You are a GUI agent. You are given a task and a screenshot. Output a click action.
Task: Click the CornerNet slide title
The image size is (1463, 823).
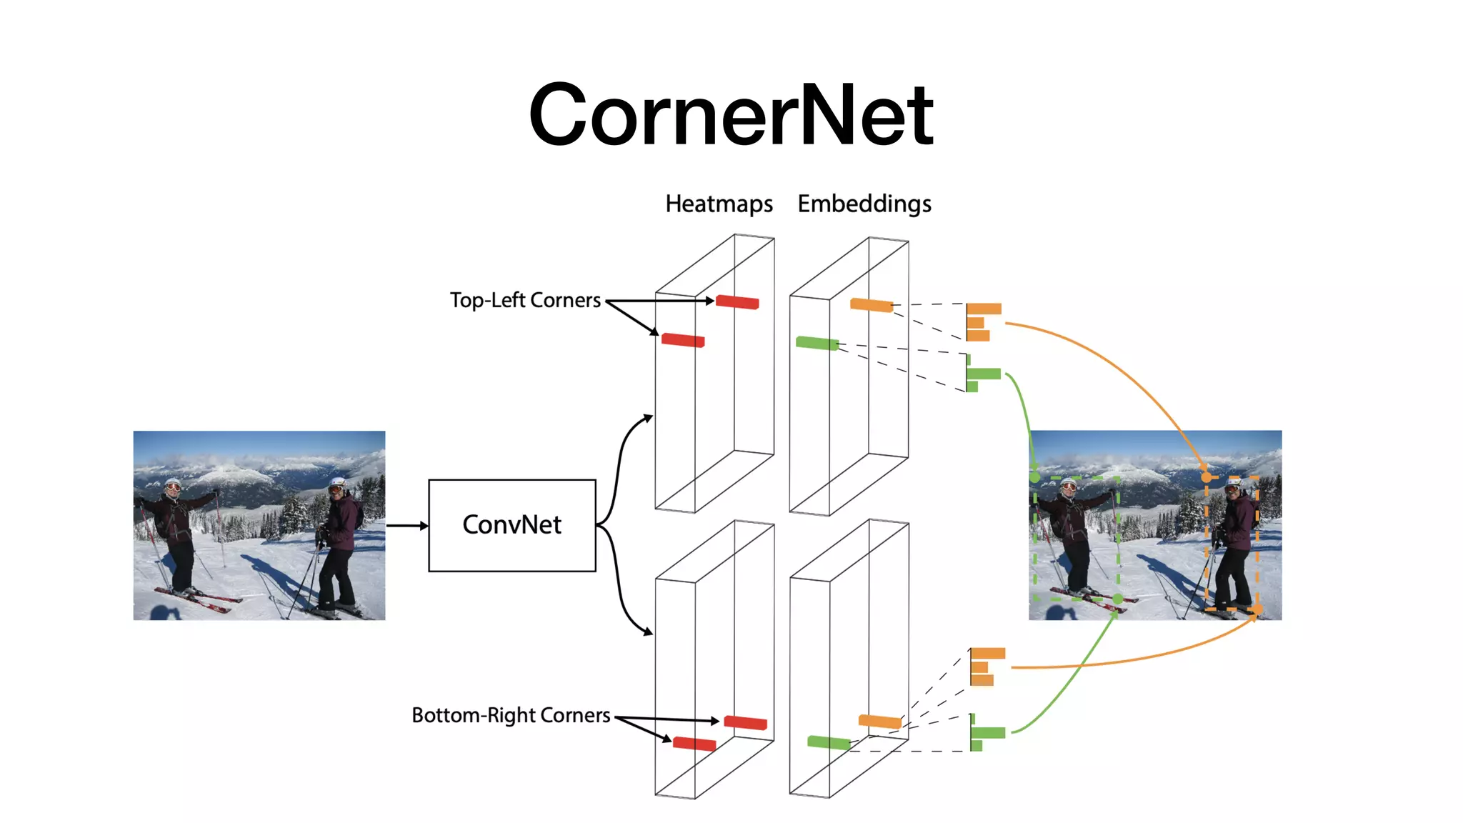click(731, 114)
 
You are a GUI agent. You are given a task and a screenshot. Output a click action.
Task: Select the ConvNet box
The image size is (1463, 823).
click(511, 525)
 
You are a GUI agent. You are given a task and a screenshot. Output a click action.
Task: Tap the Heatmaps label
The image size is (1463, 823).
click(719, 204)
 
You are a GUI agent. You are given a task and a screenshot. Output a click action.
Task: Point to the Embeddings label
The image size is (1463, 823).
click(864, 204)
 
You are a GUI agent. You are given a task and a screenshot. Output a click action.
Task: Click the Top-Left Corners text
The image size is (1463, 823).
click(525, 300)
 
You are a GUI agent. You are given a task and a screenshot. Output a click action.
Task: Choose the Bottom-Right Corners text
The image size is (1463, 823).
click(511, 715)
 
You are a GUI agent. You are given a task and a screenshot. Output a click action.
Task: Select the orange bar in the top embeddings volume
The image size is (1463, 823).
click(872, 305)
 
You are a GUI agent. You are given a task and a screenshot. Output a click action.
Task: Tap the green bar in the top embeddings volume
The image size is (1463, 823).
click(817, 343)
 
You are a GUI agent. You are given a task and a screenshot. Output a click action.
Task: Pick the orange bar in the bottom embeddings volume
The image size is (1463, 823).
click(880, 721)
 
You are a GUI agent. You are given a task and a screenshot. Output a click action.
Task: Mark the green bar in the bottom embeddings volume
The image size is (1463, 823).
click(829, 742)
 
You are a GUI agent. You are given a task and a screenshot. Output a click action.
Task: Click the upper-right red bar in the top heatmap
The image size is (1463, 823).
click(737, 302)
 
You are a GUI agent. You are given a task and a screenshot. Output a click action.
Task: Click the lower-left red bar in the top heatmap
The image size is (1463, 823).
click(683, 340)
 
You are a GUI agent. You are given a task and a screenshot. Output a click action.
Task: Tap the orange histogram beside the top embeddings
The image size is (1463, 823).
click(982, 322)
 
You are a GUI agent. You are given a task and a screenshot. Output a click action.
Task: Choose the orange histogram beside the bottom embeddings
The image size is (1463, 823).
click(986, 667)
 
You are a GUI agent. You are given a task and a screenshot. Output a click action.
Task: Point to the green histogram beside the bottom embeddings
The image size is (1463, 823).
click(986, 733)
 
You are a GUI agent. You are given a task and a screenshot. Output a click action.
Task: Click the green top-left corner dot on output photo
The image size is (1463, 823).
click(1035, 476)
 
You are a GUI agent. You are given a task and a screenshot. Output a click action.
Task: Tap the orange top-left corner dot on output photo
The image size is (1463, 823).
click(1206, 477)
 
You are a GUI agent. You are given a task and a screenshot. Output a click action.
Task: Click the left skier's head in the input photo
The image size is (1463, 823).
click(173, 487)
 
